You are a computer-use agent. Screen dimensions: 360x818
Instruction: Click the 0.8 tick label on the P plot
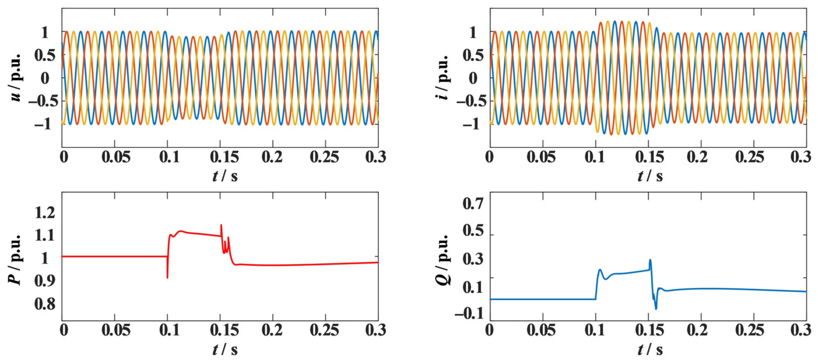[45, 304]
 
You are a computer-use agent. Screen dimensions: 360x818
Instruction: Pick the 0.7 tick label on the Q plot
[473, 203]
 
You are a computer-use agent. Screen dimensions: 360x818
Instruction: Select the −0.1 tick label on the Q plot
[469, 314]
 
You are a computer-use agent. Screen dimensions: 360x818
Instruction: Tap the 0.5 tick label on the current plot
[473, 55]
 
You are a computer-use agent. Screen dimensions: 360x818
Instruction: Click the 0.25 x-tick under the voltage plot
[325, 157]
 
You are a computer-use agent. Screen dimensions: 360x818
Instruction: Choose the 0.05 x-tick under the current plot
[541, 157]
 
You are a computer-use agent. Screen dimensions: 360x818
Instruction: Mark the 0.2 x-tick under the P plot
[272, 330]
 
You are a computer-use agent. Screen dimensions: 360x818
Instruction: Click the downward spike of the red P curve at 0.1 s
[167, 278]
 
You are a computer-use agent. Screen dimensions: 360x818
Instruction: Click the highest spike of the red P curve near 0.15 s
[221, 225]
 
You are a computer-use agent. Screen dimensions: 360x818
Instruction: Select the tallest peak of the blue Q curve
[650, 260]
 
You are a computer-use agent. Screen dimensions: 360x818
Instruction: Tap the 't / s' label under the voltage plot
[225, 176]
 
